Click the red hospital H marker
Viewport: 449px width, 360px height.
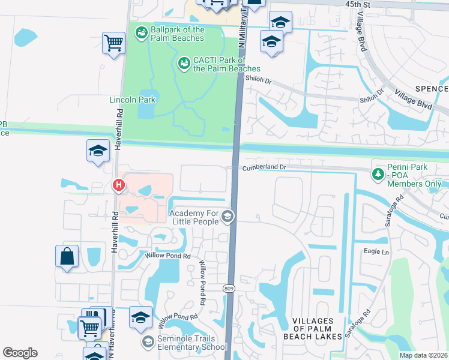click(119, 186)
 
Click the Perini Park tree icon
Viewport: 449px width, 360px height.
click(378, 175)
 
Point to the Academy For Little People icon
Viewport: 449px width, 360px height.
click(227, 217)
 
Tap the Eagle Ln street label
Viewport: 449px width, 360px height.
click(376, 252)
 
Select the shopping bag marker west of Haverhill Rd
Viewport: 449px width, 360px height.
click(67, 256)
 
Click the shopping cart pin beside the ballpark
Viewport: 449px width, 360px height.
click(113, 43)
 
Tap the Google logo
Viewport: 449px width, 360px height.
click(20, 353)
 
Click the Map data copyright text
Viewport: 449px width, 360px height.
click(423, 355)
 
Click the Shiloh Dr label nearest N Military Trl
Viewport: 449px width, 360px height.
click(260, 81)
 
